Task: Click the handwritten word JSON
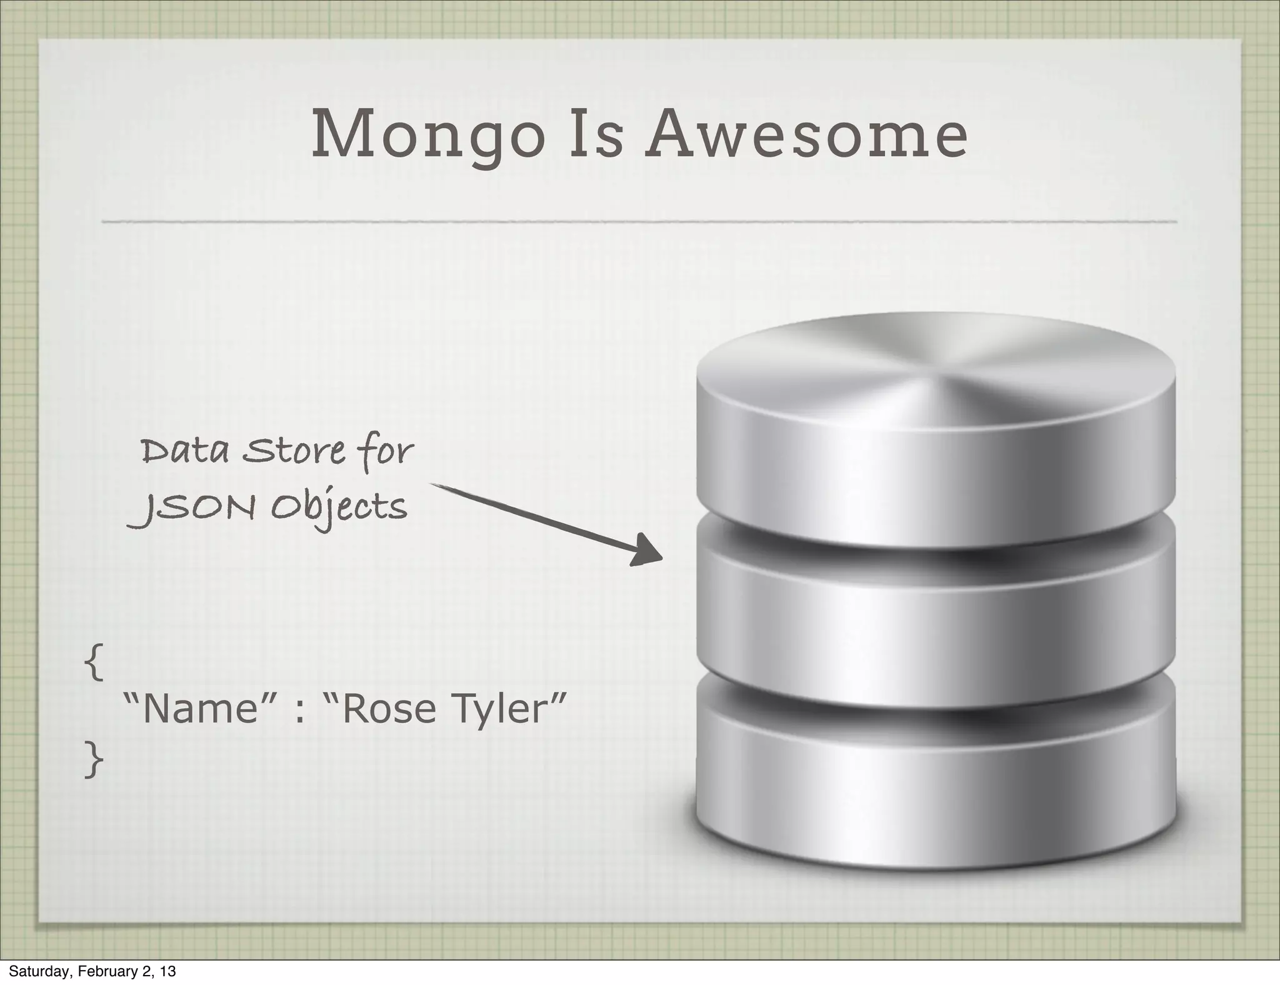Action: click(191, 507)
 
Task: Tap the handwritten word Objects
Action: click(339, 507)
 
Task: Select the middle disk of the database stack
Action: click(936, 631)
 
